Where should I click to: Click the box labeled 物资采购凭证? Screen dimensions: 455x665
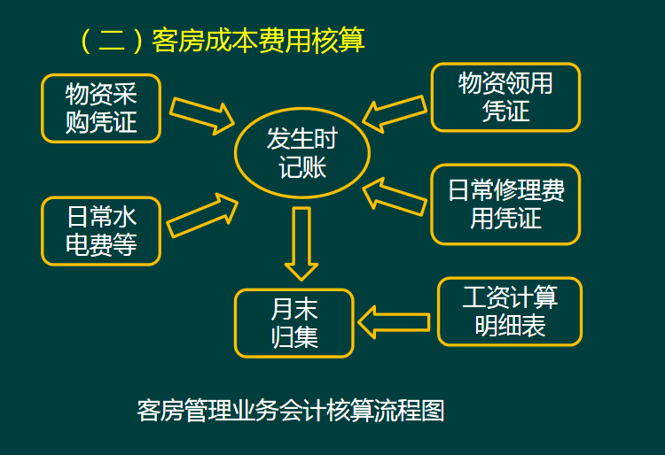[x=101, y=107]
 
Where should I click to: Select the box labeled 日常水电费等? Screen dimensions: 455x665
[x=101, y=230]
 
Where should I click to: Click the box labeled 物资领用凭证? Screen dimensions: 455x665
[x=505, y=97]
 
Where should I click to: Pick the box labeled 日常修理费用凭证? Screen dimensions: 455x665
[x=505, y=204]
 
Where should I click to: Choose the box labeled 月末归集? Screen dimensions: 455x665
[x=294, y=323]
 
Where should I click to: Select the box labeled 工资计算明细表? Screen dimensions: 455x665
[x=510, y=312]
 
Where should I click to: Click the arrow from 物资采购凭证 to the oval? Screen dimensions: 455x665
[x=202, y=113]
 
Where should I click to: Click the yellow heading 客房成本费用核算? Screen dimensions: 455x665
[x=258, y=41]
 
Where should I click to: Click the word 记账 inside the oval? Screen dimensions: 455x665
[x=301, y=166]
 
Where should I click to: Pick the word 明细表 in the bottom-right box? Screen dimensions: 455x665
[x=510, y=326]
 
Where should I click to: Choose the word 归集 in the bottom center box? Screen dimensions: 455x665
[x=294, y=337]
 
